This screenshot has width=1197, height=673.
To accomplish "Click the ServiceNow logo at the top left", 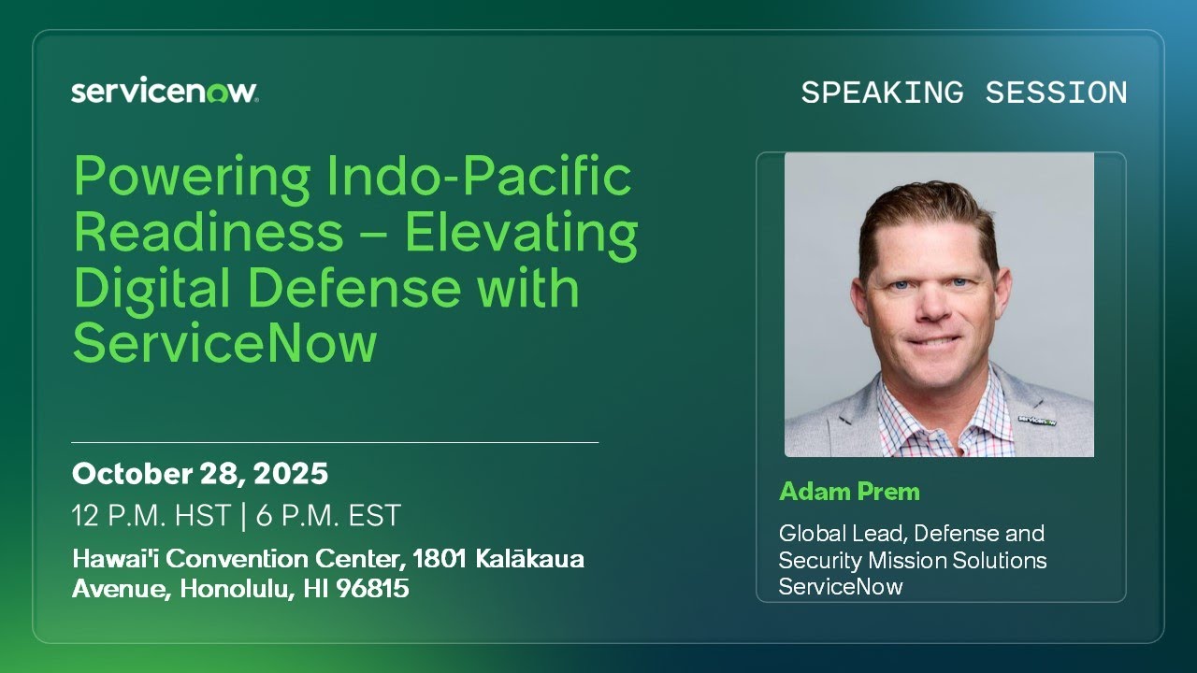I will (x=165, y=92).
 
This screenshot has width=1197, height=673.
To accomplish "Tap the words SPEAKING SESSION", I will (x=964, y=93).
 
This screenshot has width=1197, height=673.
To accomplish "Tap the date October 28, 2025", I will (x=199, y=474).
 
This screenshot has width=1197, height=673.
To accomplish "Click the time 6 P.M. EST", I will (x=326, y=515).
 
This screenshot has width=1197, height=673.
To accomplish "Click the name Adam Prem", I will (x=849, y=492).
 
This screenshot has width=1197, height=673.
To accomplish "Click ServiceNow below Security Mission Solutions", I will (x=841, y=587).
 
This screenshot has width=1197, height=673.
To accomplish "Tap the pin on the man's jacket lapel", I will (x=1030, y=420).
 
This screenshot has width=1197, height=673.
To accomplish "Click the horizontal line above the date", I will (x=335, y=442).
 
